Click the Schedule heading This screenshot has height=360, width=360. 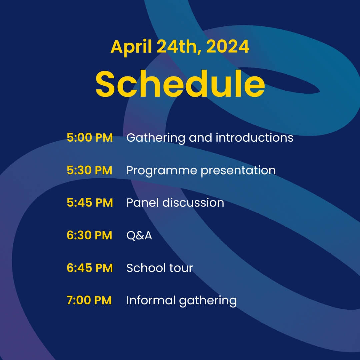click(180, 84)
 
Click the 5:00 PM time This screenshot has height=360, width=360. click(90, 138)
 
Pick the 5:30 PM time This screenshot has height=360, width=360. click(90, 170)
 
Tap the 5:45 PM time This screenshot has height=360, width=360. click(90, 203)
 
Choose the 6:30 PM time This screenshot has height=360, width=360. click(90, 235)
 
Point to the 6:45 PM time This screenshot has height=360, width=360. click(90, 268)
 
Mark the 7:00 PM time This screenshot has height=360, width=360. click(89, 300)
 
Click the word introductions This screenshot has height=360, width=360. click(254, 138)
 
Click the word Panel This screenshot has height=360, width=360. click(142, 203)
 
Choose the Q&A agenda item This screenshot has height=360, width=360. click(139, 236)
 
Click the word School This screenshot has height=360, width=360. click(146, 268)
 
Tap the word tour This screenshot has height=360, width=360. click(181, 268)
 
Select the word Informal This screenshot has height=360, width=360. click(151, 300)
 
